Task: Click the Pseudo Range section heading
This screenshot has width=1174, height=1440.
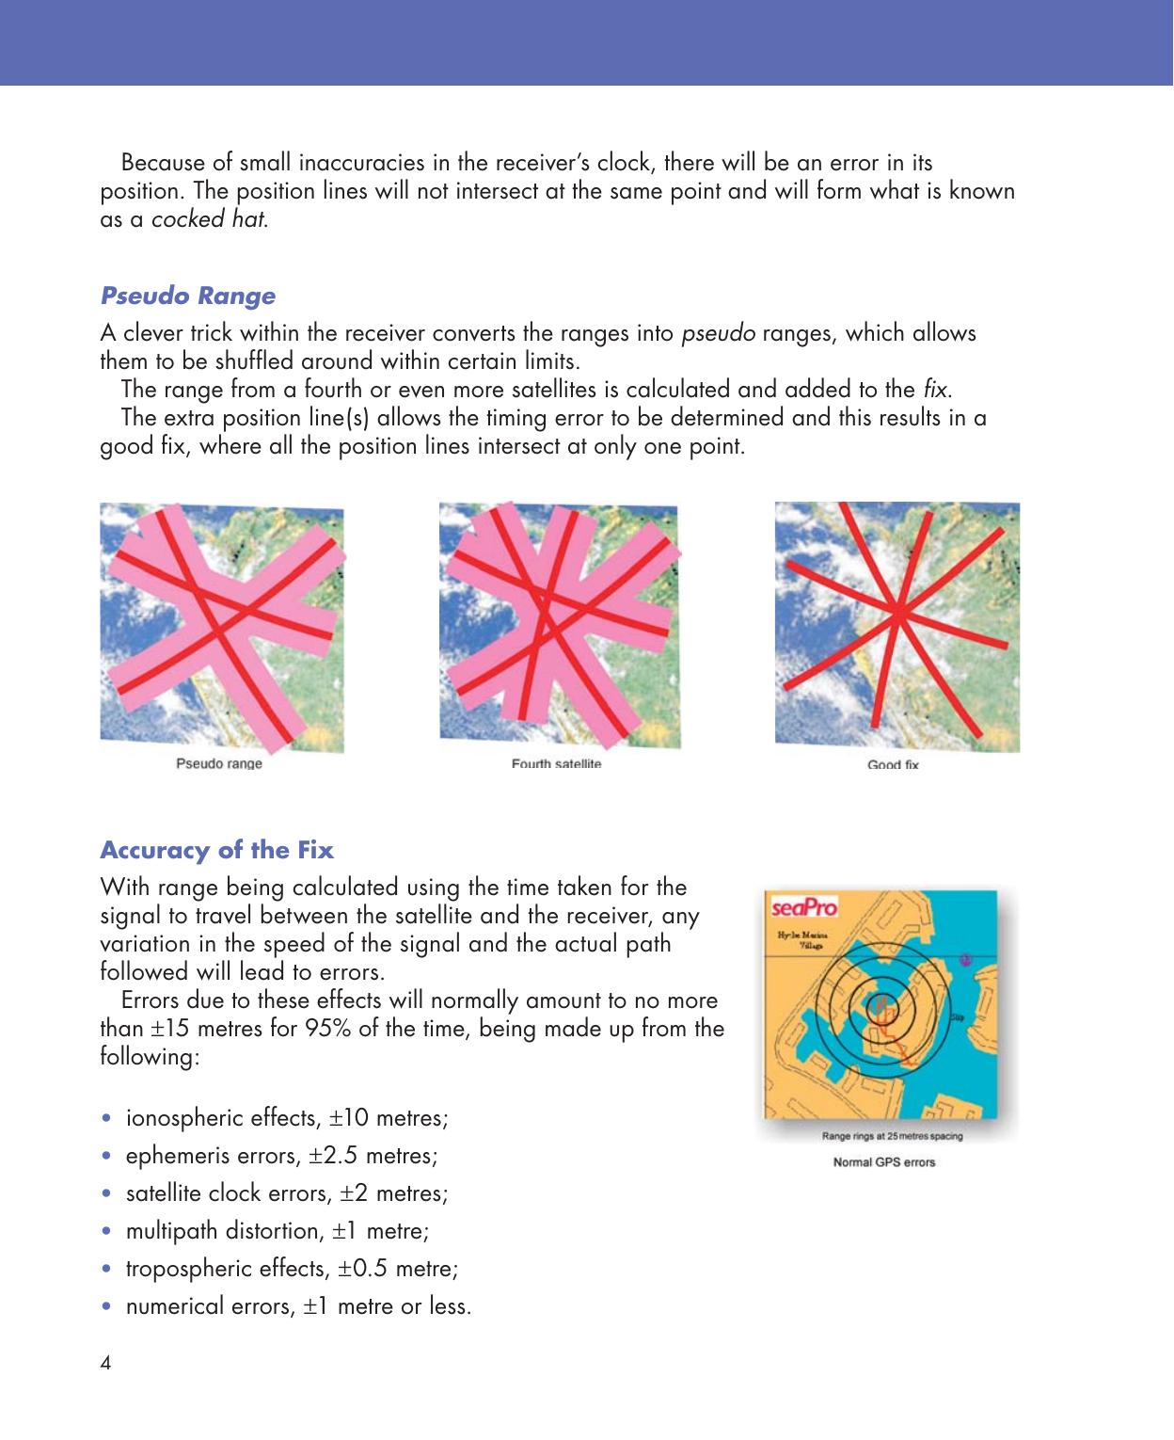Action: tap(188, 296)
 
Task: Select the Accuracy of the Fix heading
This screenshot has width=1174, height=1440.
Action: tap(216, 850)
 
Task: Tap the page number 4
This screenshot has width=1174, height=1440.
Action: tap(105, 1363)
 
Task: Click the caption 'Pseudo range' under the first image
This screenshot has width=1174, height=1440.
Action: tap(219, 763)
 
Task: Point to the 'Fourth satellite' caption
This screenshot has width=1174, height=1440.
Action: tap(556, 763)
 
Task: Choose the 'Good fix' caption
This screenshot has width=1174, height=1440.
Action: tap(893, 764)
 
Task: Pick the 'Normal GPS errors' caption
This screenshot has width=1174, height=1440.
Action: tap(884, 1161)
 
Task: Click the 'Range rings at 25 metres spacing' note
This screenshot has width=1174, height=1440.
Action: tap(892, 1136)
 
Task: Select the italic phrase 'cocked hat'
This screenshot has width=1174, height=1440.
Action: tap(208, 220)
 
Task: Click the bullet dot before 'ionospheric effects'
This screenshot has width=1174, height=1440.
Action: tap(107, 1118)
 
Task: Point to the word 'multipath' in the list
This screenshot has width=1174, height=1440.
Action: tap(174, 1231)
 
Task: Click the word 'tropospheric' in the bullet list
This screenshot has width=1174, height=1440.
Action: tap(186, 1269)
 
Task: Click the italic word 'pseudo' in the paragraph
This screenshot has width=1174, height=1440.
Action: tap(718, 333)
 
